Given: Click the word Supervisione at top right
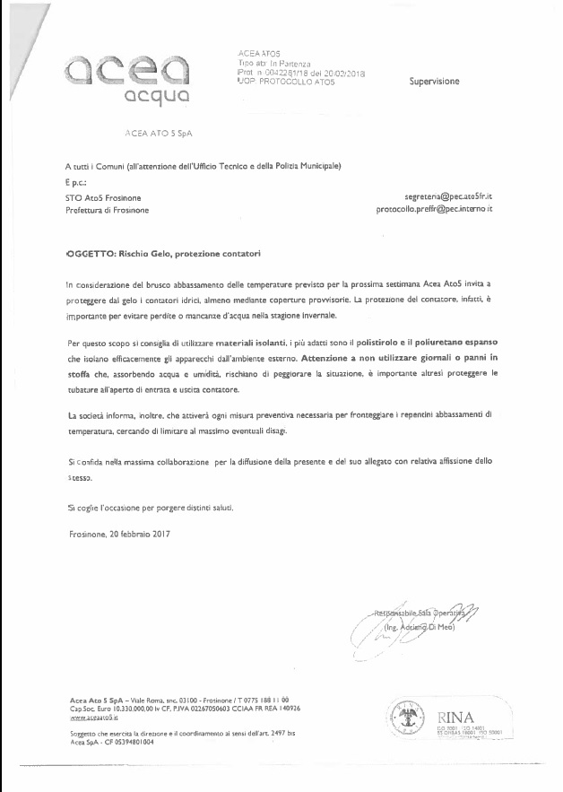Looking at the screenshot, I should (434, 82).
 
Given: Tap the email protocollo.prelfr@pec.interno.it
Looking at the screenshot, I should (434, 209).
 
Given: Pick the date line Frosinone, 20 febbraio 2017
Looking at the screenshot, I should (118, 534).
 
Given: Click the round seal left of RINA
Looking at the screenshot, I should (410, 717).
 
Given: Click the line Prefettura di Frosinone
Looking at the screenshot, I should (108, 210).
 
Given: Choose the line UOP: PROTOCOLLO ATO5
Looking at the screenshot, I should (287, 82).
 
